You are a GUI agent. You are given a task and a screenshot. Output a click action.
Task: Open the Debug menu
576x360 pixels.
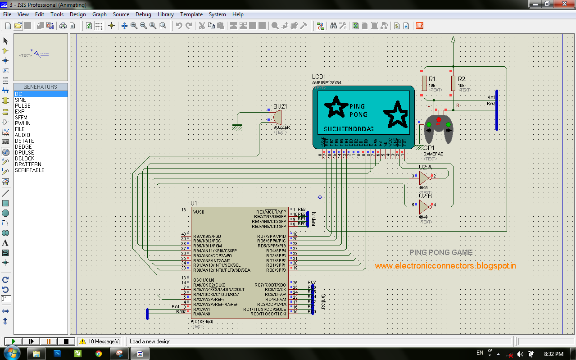[x=143, y=14]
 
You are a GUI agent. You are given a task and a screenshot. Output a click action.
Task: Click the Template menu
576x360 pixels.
[x=191, y=14]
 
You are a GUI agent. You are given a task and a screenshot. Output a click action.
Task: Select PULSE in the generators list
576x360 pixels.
[x=23, y=105]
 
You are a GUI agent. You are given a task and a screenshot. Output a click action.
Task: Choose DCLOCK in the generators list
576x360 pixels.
[x=24, y=159]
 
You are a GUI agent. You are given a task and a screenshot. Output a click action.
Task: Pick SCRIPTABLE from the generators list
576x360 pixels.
[x=30, y=170]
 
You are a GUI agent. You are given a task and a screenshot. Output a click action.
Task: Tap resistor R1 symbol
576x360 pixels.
[x=424, y=83]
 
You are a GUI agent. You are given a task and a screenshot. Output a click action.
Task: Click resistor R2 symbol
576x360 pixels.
[x=453, y=83]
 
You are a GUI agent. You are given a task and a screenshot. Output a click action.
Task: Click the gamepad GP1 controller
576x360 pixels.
[x=438, y=128]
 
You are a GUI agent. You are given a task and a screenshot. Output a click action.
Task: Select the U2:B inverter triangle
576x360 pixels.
[x=424, y=205]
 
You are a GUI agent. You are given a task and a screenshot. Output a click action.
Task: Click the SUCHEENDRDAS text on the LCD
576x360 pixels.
[x=349, y=129]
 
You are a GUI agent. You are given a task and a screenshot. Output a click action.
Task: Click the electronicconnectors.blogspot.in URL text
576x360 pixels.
[x=445, y=266]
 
